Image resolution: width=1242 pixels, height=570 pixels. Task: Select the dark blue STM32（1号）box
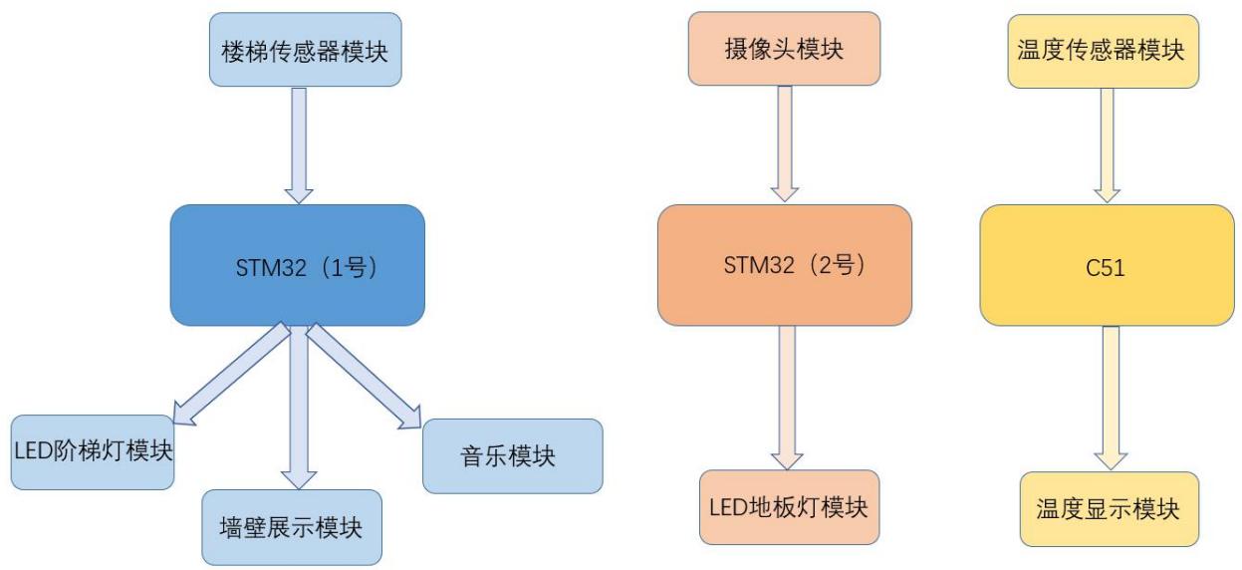point(297,265)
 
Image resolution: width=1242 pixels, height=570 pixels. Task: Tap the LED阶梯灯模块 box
point(93,451)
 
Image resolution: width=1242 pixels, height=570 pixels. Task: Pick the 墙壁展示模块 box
point(291,527)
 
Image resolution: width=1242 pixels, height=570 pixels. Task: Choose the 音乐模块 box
point(512,456)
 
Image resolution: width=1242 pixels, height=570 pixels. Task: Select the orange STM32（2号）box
point(784,265)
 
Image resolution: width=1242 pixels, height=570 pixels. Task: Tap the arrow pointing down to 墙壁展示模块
point(298,409)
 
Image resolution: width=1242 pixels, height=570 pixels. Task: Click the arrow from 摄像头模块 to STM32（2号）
point(786,144)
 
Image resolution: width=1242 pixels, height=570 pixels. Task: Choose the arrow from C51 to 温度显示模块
point(1111,399)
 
